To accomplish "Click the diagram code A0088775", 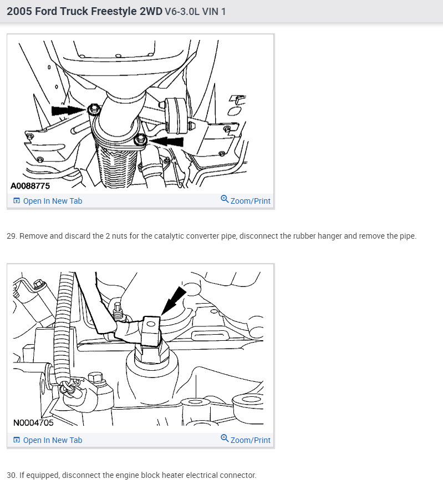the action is coord(30,186).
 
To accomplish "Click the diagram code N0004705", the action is coord(33,422).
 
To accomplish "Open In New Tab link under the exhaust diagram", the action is coord(48,201).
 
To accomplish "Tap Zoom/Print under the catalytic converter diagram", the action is coord(246,200).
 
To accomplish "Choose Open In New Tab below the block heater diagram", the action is coord(48,440).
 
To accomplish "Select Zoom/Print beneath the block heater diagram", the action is coord(246,440).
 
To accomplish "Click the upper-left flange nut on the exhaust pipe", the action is coord(94,109).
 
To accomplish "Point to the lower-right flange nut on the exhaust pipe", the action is coord(140,139).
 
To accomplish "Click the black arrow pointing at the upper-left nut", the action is coord(69,110).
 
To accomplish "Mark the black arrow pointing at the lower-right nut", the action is coord(166,142).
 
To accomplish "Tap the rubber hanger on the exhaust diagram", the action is coord(175,115).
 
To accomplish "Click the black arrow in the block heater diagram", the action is coord(174,301).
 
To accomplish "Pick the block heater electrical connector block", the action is coord(151,331).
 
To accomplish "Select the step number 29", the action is coord(11,236).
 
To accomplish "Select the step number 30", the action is coord(12,475).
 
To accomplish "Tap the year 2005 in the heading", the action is coord(19,11).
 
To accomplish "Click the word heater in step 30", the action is coord(173,475).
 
